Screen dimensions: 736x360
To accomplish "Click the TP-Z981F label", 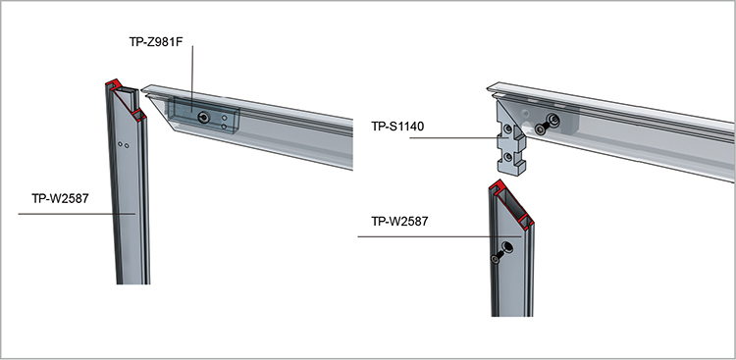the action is [155, 42].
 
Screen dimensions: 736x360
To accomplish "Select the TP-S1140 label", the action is [398, 127].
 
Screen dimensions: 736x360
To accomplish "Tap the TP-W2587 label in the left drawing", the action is [60, 198].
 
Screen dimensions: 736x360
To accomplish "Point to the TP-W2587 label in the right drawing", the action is [399, 221].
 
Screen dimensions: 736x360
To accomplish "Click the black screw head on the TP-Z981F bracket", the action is [203, 118].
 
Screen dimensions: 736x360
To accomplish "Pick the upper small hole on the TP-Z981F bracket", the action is [224, 119].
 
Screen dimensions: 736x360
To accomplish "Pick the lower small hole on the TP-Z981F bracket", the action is [224, 127].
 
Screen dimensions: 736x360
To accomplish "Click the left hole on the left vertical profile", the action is [121, 144].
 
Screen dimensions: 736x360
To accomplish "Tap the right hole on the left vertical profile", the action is [127, 146].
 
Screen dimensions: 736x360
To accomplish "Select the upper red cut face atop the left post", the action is [114, 84].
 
